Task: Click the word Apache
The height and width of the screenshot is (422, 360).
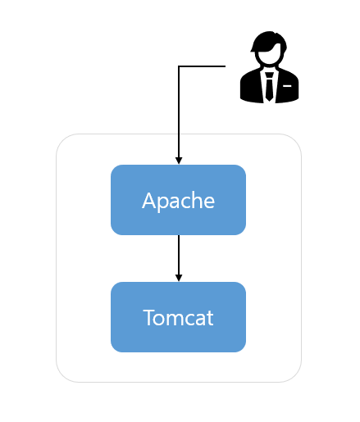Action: click(x=178, y=201)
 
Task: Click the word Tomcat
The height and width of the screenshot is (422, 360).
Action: click(x=178, y=318)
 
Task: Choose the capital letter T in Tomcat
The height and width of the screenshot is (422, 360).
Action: click(x=149, y=318)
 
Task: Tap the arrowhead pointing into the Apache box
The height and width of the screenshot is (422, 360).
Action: click(x=179, y=161)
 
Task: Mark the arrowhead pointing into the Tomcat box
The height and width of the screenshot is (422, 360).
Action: click(x=179, y=278)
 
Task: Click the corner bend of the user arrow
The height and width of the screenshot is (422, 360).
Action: click(x=179, y=66)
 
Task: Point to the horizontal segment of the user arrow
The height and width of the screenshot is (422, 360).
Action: click(x=202, y=66)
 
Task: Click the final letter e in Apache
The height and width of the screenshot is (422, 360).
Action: click(x=209, y=202)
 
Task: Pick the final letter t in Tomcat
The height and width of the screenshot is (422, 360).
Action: click(x=210, y=319)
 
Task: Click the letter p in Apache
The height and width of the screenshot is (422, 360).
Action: click(x=162, y=203)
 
